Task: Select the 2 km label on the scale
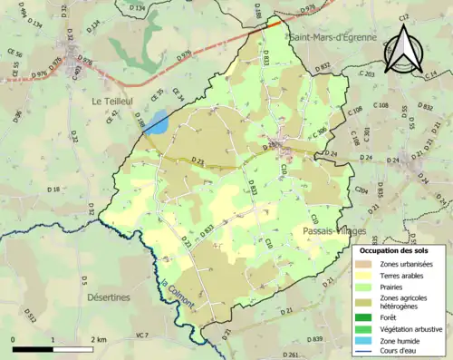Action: point(99,339)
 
